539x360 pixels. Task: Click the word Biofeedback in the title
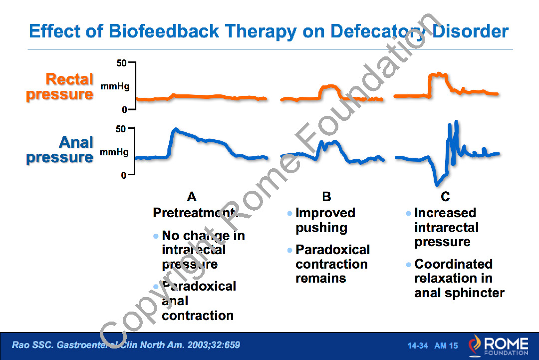coord(164,31)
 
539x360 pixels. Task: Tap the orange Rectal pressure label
coord(60,86)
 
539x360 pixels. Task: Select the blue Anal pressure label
coord(60,150)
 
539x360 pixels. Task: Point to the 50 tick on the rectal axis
coord(122,63)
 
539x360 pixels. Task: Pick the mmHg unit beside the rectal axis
coord(115,86)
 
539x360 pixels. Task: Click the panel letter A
coord(191,197)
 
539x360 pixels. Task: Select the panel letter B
coord(326,197)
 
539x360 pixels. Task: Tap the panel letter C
coord(445,197)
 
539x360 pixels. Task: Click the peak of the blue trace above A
coord(175,130)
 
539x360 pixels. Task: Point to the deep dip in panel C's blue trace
coord(438,182)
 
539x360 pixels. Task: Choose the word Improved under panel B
coord(325,213)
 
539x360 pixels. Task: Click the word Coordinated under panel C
coord(453,264)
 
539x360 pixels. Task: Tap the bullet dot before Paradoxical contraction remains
coord(289,250)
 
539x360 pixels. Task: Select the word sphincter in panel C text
coord(475,293)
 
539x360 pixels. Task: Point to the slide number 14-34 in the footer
coord(418,346)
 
